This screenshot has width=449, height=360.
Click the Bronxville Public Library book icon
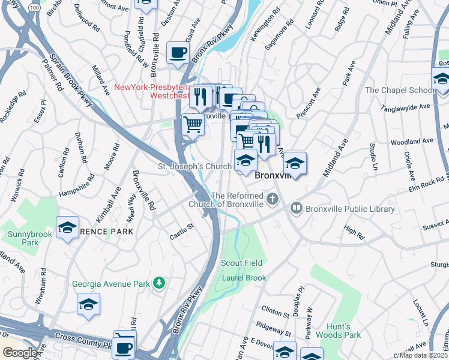pos(296,209)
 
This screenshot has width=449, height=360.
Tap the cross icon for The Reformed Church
pos(273,199)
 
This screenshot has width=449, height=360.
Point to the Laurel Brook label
pos(244,278)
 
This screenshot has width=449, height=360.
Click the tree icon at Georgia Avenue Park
pos(159,282)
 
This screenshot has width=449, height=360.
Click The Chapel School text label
pos(400,90)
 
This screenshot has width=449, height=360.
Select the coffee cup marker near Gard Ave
pos(178,52)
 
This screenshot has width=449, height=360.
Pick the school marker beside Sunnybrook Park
pos(68,227)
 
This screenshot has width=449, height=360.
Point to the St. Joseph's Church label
pos(194,166)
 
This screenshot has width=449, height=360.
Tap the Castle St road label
pos(182,227)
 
